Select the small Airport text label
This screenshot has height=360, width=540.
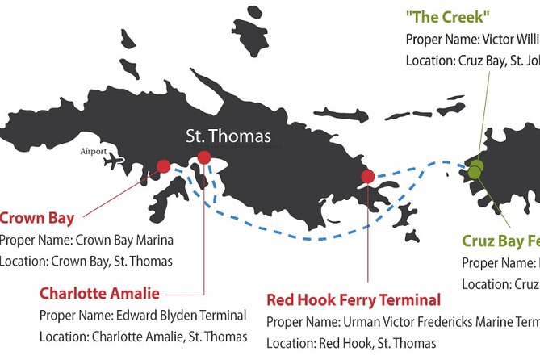93,150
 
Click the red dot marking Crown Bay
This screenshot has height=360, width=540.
163,166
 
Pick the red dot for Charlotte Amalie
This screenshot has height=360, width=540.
204,157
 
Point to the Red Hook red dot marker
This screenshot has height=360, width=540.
368,176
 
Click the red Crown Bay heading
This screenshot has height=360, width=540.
37,218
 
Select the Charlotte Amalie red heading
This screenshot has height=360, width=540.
99,293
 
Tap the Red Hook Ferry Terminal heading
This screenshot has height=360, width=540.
354,300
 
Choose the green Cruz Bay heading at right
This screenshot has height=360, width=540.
500,241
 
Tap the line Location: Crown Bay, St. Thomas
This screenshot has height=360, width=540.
86,261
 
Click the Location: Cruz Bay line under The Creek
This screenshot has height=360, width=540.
472,59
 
